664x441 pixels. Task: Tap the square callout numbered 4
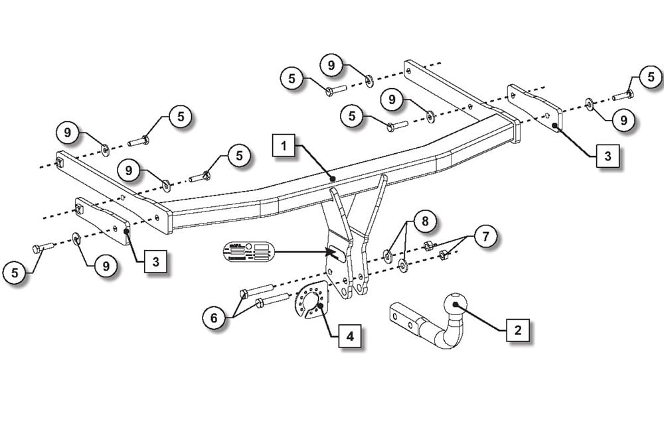350,336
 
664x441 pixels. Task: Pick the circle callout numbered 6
214,318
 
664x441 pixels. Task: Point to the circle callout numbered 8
425,221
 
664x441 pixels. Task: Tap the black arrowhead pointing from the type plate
330,251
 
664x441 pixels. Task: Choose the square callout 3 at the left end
155,261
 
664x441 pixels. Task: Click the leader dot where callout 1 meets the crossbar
333,178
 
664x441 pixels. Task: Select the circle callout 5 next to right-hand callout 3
651,78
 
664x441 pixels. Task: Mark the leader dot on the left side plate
125,231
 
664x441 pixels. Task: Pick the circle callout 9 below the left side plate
106,266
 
